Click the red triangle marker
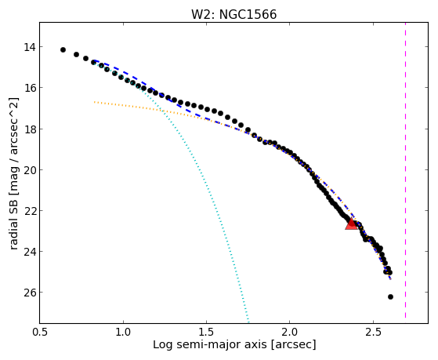point(351,224)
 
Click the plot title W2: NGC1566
point(233,14)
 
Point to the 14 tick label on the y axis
point(30,47)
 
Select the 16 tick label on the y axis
point(30,88)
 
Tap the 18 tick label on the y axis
point(30,129)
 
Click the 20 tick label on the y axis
point(30,169)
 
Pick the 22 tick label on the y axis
point(30,211)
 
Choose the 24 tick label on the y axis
point(30,252)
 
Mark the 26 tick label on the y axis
point(30,293)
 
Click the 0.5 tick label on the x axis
point(40,332)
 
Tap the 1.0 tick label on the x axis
point(123,332)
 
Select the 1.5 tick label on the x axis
point(206,332)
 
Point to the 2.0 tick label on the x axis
point(290,332)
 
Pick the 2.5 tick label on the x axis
point(373,332)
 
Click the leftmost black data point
point(63,49)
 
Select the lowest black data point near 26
point(390,296)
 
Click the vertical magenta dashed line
point(405,170)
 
